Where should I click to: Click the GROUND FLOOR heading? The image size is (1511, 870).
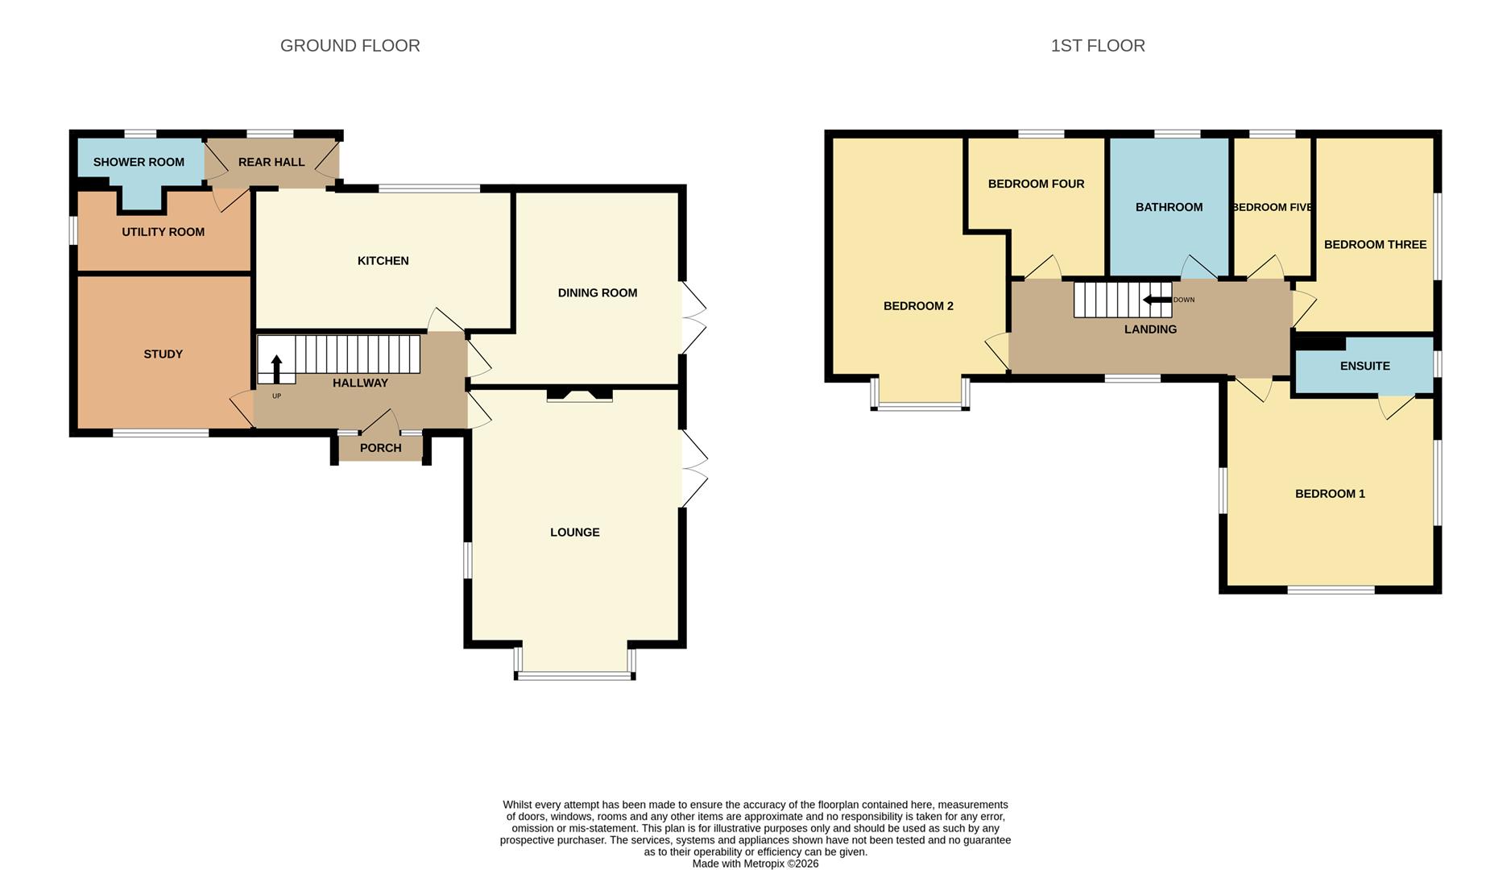coord(350,46)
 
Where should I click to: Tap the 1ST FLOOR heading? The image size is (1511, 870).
coord(1098,46)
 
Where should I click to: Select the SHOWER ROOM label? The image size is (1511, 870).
coord(139,162)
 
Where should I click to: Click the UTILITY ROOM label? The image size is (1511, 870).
coord(163,232)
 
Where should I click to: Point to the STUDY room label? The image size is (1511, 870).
coord(163,354)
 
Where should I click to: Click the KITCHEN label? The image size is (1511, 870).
coord(383,261)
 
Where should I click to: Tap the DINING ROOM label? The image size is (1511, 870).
coord(598,293)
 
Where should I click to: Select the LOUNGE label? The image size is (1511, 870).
coord(575,532)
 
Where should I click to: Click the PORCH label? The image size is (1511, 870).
coord(380,448)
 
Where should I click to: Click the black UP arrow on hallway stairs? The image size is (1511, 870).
coord(276,369)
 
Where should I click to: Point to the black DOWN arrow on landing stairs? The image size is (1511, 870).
coord(1157,300)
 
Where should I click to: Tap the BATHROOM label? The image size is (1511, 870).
coord(1169,208)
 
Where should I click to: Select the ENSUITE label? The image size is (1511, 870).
coord(1364,367)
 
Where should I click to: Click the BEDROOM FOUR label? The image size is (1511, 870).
coord(1036,184)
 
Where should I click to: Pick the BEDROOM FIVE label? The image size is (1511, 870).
coord(1272,208)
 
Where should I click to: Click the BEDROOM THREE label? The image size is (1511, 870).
coord(1375,245)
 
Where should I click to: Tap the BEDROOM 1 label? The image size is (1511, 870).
coord(1330,494)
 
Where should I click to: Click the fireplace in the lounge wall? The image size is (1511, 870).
coord(580,395)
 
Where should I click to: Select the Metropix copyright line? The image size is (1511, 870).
coord(755,864)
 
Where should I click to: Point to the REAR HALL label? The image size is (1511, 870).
coord(271,162)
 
